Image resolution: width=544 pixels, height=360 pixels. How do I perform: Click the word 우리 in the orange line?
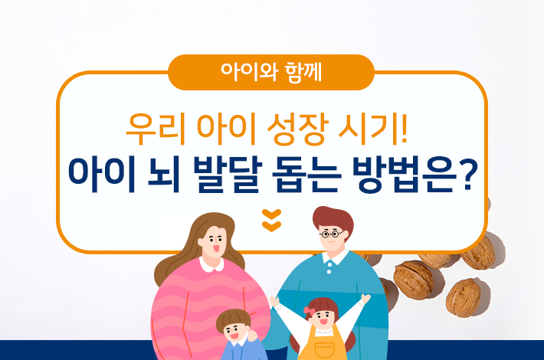pos(152,125)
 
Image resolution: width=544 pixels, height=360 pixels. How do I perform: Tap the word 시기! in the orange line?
pos(369,125)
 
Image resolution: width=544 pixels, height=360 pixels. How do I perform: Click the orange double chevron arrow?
pos(271,220)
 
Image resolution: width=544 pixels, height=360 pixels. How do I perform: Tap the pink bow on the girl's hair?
pos(309,311)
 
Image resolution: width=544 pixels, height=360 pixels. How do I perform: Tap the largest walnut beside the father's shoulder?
pos(413,277)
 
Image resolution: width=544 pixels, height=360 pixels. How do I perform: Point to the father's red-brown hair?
pos(332,218)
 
